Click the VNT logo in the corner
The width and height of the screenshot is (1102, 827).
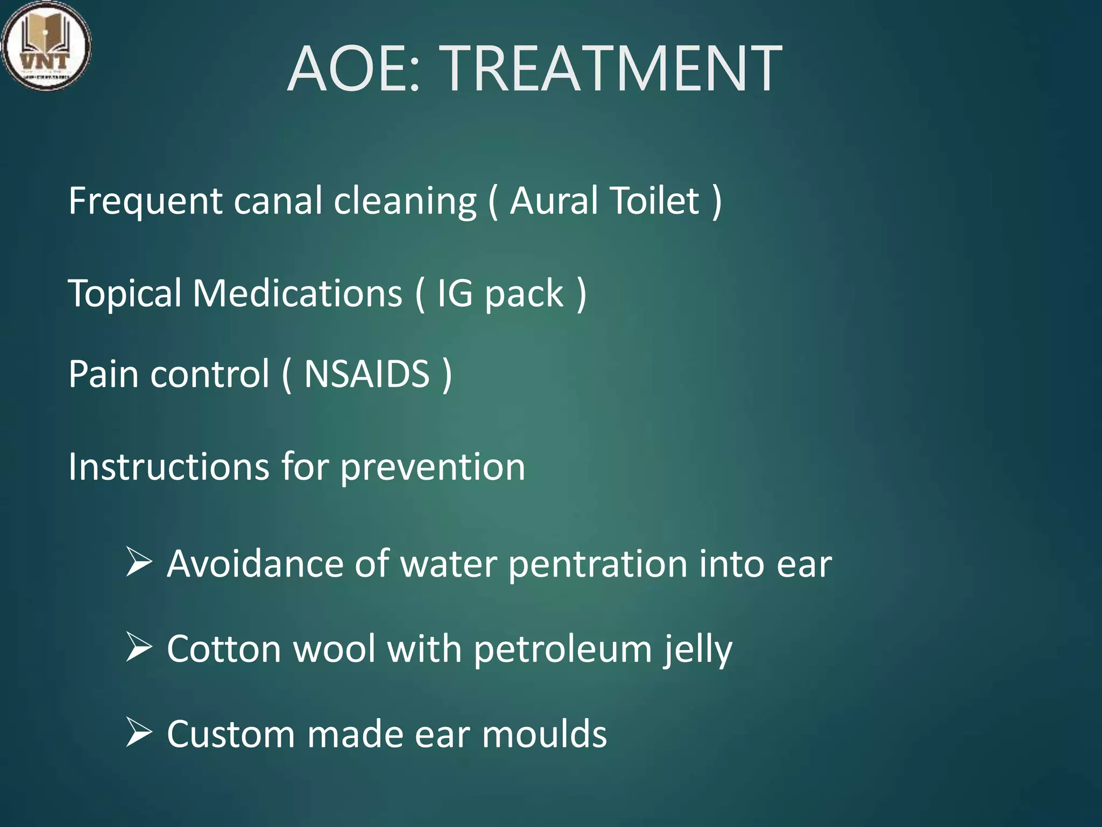tap(46, 46)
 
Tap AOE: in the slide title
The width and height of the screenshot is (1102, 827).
tap(353, 69)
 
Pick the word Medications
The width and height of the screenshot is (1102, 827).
tap(298, 293)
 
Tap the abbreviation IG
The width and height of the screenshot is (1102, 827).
tap(455, 293)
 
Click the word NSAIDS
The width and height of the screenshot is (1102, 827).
tap(367, 374)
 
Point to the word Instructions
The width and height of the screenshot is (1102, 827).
tap(168, 466)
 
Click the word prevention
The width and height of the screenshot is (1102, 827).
tap(433, 467)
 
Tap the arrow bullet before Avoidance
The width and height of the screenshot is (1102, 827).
tap(139, 563)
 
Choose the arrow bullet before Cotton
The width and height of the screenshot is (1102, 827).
tap(139, 647)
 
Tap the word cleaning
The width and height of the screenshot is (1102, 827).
tap(405, 201)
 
